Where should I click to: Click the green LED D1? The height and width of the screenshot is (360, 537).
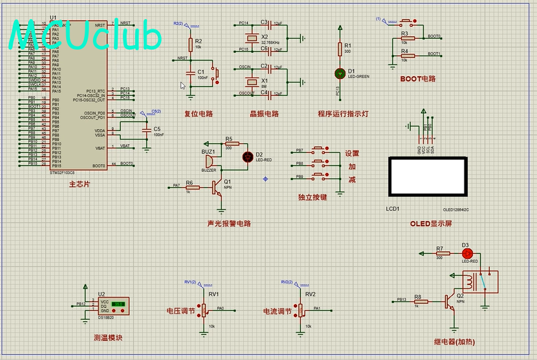340,74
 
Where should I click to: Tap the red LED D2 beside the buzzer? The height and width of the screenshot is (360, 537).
248,156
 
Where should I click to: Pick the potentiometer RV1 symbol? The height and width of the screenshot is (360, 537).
205,310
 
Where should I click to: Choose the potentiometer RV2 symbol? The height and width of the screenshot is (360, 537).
302,310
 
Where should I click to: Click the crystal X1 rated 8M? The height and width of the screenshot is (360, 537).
252,81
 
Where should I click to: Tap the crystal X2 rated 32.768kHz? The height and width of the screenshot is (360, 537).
252,38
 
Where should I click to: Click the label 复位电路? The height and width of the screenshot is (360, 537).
199,114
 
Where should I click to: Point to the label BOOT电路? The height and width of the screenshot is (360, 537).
418,79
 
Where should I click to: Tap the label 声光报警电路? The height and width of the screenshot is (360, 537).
229,224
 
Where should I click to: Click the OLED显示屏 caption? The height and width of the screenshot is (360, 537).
431,224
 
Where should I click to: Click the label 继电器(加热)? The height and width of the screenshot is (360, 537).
454,342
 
